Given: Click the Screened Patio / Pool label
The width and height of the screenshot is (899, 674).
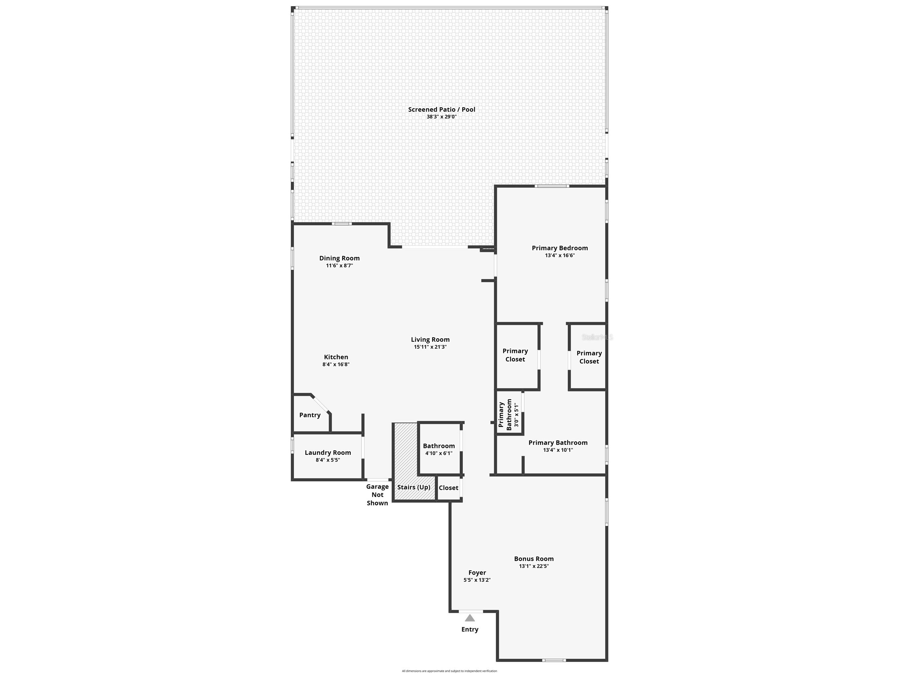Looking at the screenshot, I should coord(441,109).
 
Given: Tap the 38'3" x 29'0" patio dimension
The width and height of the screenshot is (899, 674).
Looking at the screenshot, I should coord(441,117).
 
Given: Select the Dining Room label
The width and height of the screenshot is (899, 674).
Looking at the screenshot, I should coord(340,258).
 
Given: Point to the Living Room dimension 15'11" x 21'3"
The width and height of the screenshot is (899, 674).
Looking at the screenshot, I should coord(430,347).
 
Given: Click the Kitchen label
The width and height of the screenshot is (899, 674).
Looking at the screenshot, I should coord(336,357).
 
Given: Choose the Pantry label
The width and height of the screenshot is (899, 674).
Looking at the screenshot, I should coord(310,415).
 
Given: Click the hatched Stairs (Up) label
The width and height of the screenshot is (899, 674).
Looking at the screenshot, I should coord(413,487).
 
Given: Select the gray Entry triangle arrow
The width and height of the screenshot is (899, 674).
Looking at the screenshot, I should coord(470,618).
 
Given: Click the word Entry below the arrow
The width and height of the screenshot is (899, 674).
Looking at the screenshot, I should coord(470,629).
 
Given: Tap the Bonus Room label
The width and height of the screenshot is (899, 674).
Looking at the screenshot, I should coord(534,559).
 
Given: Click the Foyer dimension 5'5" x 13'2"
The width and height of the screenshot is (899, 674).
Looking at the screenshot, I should coord(477,580).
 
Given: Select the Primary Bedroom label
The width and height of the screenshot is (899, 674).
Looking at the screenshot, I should coord(559,248).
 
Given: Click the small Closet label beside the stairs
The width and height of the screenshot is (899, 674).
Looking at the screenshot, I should coord(448,488).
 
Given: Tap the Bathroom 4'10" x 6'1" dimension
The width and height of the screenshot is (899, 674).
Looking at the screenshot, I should coord(439,453).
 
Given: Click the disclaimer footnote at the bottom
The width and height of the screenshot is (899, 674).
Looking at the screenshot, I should coord(449,671).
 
